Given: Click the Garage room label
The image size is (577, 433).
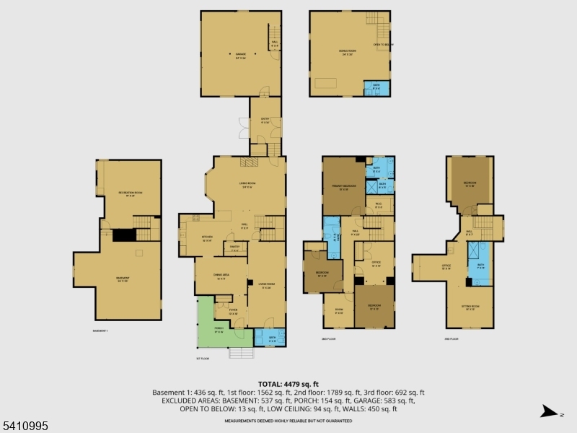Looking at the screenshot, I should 240,55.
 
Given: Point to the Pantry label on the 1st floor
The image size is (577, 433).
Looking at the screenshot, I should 234,250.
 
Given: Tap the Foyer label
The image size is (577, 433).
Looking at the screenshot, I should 233,312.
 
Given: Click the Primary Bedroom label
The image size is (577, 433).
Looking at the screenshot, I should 345,187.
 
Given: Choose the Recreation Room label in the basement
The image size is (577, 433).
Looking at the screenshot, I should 130,193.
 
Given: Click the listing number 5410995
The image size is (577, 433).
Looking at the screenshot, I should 25,427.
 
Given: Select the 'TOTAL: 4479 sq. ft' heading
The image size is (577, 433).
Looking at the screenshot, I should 288,384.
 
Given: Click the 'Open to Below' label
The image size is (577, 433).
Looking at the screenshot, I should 382,45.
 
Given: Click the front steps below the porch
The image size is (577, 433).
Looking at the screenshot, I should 242,353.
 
